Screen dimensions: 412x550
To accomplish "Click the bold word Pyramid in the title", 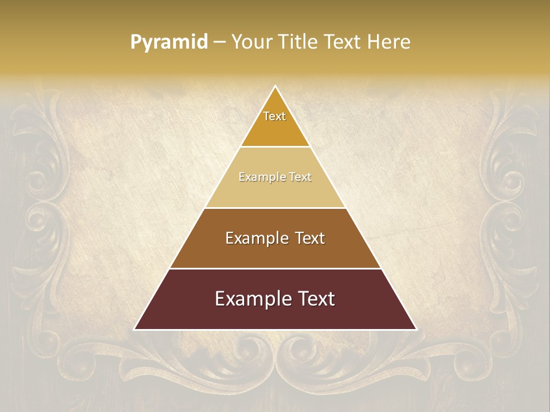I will (x=169, y=42).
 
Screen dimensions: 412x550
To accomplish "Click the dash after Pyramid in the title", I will (x=219, y=42).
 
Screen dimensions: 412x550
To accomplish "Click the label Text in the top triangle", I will (x=274, y=116).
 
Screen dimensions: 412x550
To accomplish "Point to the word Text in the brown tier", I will (x=310, y=238).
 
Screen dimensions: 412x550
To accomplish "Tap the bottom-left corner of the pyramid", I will (x=135, y=329).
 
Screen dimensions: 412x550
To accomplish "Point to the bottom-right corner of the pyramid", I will (x=415, y=329).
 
